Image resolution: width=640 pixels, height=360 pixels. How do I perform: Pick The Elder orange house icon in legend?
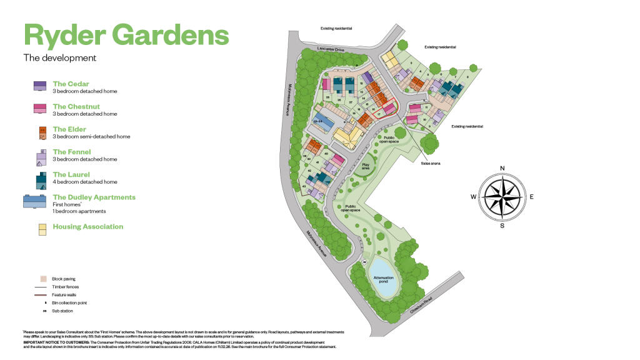click(42, 132)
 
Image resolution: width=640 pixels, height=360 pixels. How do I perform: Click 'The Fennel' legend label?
click(72, 152)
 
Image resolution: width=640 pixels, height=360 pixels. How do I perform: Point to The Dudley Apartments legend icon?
click(35, 201)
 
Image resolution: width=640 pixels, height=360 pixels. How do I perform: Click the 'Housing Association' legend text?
click(87, 227)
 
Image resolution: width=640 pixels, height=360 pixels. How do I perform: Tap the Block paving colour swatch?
click(43, 278)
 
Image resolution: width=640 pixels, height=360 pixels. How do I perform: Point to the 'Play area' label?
click(366, 167)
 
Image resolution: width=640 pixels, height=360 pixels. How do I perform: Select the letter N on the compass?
click(503, 167)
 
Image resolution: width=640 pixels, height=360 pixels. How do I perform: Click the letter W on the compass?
click(473, 197)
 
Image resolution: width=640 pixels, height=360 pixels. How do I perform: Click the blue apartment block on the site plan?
click(324, 122)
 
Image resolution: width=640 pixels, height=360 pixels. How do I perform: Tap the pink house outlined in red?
click(389, 108)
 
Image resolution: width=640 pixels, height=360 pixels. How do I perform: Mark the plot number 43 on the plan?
click(304, 186)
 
